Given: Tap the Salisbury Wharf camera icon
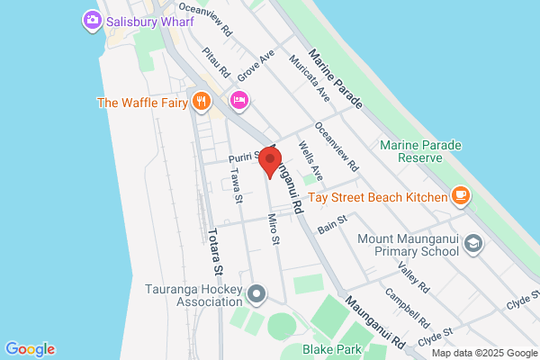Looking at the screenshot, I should [91, 20].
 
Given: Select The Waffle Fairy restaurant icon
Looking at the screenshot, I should [201, 102].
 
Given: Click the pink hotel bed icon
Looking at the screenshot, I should [238, 100].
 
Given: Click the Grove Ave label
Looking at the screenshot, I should [256, 68].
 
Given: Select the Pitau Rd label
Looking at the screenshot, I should [217, 61].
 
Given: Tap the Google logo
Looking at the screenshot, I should [30, 349].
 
